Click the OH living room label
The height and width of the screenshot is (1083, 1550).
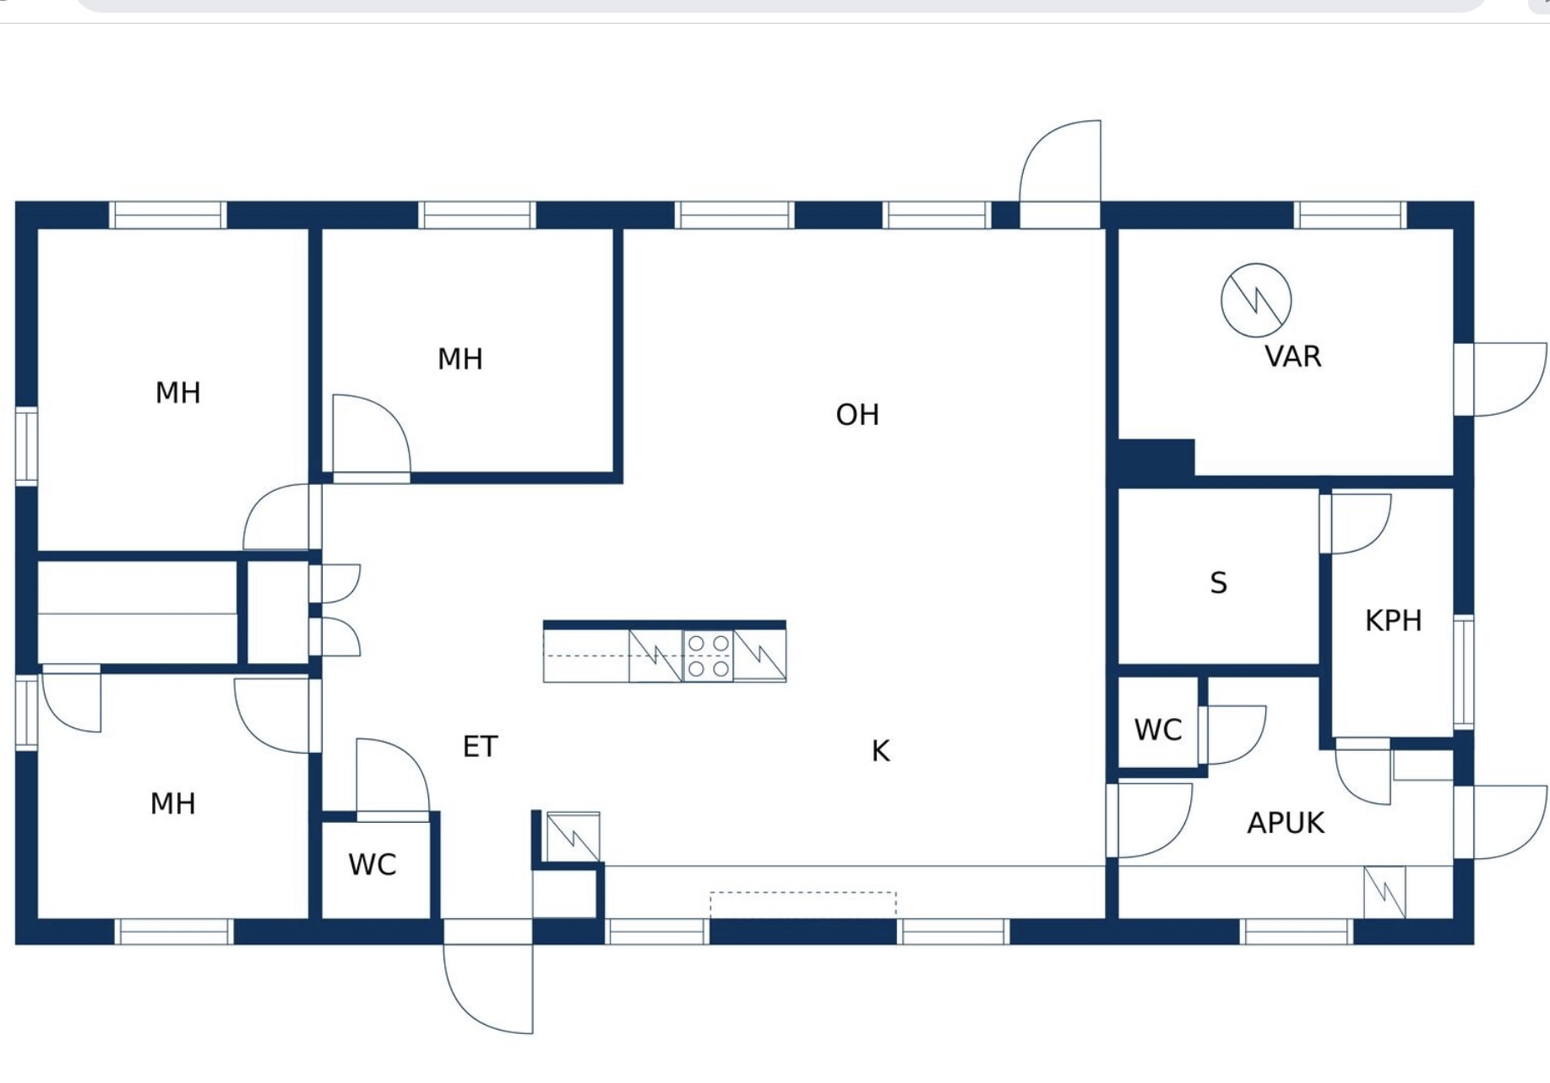click(x=857, y=415)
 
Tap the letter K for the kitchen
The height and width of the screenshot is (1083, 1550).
click(x=880, y=751)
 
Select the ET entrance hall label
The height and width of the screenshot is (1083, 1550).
click(x=481, y=747)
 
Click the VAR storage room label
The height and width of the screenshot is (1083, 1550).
click(x=1293, y=356)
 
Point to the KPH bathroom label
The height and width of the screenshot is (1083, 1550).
click(x=1394, y=621)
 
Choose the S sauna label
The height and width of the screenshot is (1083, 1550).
click(x=1218, y=583)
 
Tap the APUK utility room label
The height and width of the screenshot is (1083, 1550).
click(x=1286, y=823)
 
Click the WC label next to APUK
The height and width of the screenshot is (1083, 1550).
click(x=1158, y=730)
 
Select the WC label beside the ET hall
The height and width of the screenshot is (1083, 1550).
click(x=373, y=865)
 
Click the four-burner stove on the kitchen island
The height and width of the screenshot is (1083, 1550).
click(x=708, y=656)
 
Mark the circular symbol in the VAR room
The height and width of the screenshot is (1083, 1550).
click(x=1256, y=301)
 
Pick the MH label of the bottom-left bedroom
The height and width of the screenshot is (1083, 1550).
click(x=173, y=803)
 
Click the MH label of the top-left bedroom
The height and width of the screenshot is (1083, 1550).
click(x=178, y=393)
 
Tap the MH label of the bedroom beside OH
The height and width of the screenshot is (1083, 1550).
click(x=460, y=359)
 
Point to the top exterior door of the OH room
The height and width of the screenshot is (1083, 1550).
click(x=1060, y=174)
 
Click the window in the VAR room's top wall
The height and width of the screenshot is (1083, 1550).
click(x=1350, y=215)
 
